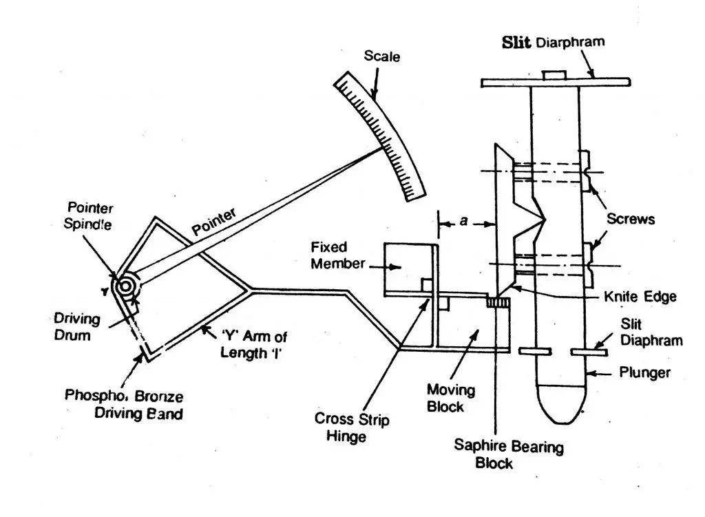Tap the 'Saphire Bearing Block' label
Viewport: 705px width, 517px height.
(508, 455)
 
